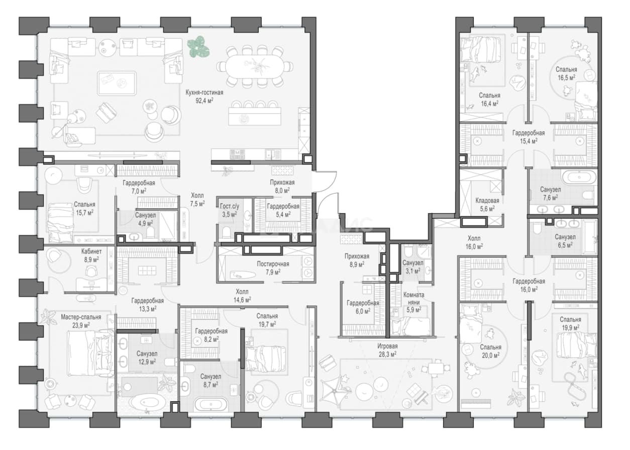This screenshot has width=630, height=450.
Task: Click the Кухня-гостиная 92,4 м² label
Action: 204,97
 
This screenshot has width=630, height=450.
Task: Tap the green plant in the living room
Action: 198,47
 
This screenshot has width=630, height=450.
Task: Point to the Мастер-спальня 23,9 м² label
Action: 81,321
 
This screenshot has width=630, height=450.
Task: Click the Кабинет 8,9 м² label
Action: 91,255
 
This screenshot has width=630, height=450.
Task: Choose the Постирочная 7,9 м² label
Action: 273,268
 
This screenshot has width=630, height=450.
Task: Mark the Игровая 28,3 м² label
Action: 387,350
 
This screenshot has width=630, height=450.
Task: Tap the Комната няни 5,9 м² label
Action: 413,302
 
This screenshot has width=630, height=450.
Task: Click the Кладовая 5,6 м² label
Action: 487,205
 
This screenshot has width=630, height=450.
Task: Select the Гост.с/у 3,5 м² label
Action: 229,210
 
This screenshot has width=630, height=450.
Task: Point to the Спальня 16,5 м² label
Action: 566,73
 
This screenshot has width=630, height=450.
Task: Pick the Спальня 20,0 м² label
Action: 490,351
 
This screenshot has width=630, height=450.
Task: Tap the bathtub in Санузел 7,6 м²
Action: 579,177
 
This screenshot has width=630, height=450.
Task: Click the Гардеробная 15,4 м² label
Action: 529,137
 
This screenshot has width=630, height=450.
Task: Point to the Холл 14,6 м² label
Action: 242,296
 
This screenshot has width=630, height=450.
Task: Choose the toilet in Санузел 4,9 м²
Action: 151,233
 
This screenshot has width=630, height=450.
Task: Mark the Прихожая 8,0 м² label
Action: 282,187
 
